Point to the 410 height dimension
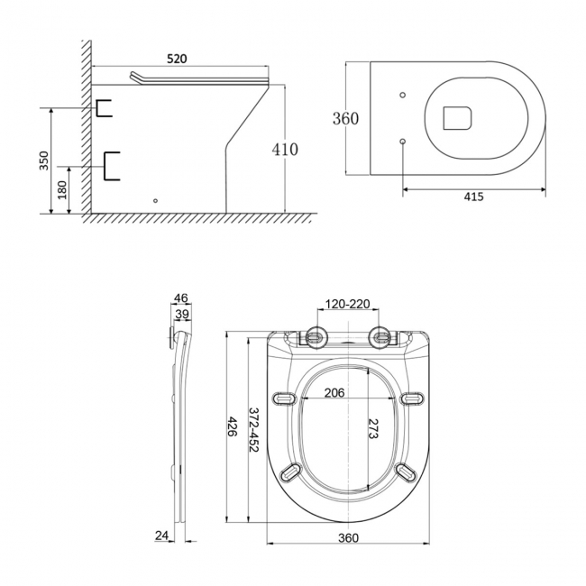pyautogui.click(x=285, y=150)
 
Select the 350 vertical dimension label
pyautogui.click(x=43, y=160)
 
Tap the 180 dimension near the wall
pyautogui.click(x=61, y=191)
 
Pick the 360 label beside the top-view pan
pyautogui.click(x=345, y=119)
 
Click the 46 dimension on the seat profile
pyautogui.click(x=180, y=298)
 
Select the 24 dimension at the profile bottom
pyautogui.click(x=162, y=536)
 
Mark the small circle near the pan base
pyautogui.click(x=156, y=200)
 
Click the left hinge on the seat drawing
pyautogui.click(x=316, y=338)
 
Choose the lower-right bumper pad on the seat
pyautogui.click(x=406, y=472)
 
